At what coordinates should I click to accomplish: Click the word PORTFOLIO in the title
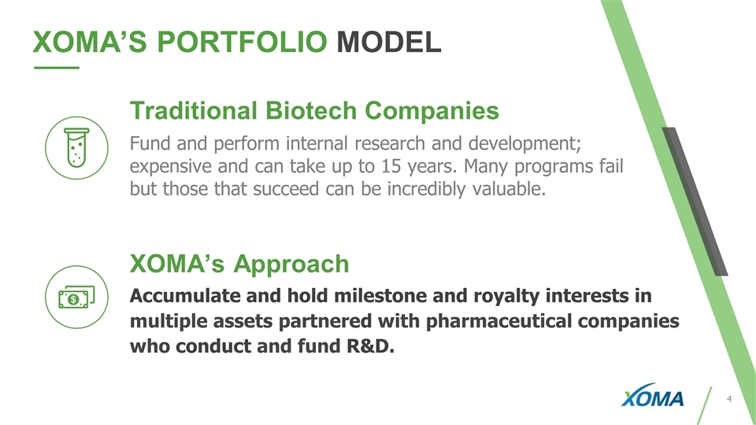[242, 42]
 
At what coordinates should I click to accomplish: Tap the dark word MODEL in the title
[388, 42]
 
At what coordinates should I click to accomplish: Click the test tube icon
[76, 148]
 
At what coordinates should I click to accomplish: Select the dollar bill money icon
[76, 297]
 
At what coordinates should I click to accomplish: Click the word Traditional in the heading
[194, 110]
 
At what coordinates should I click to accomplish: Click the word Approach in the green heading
[291, 264]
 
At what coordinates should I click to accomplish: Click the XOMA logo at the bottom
[652, 396]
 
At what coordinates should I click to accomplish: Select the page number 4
[729, 399]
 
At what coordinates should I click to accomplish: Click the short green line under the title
[57, 68]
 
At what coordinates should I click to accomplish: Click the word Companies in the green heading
[432, 111]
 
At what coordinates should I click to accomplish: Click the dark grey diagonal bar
[695, 201]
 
